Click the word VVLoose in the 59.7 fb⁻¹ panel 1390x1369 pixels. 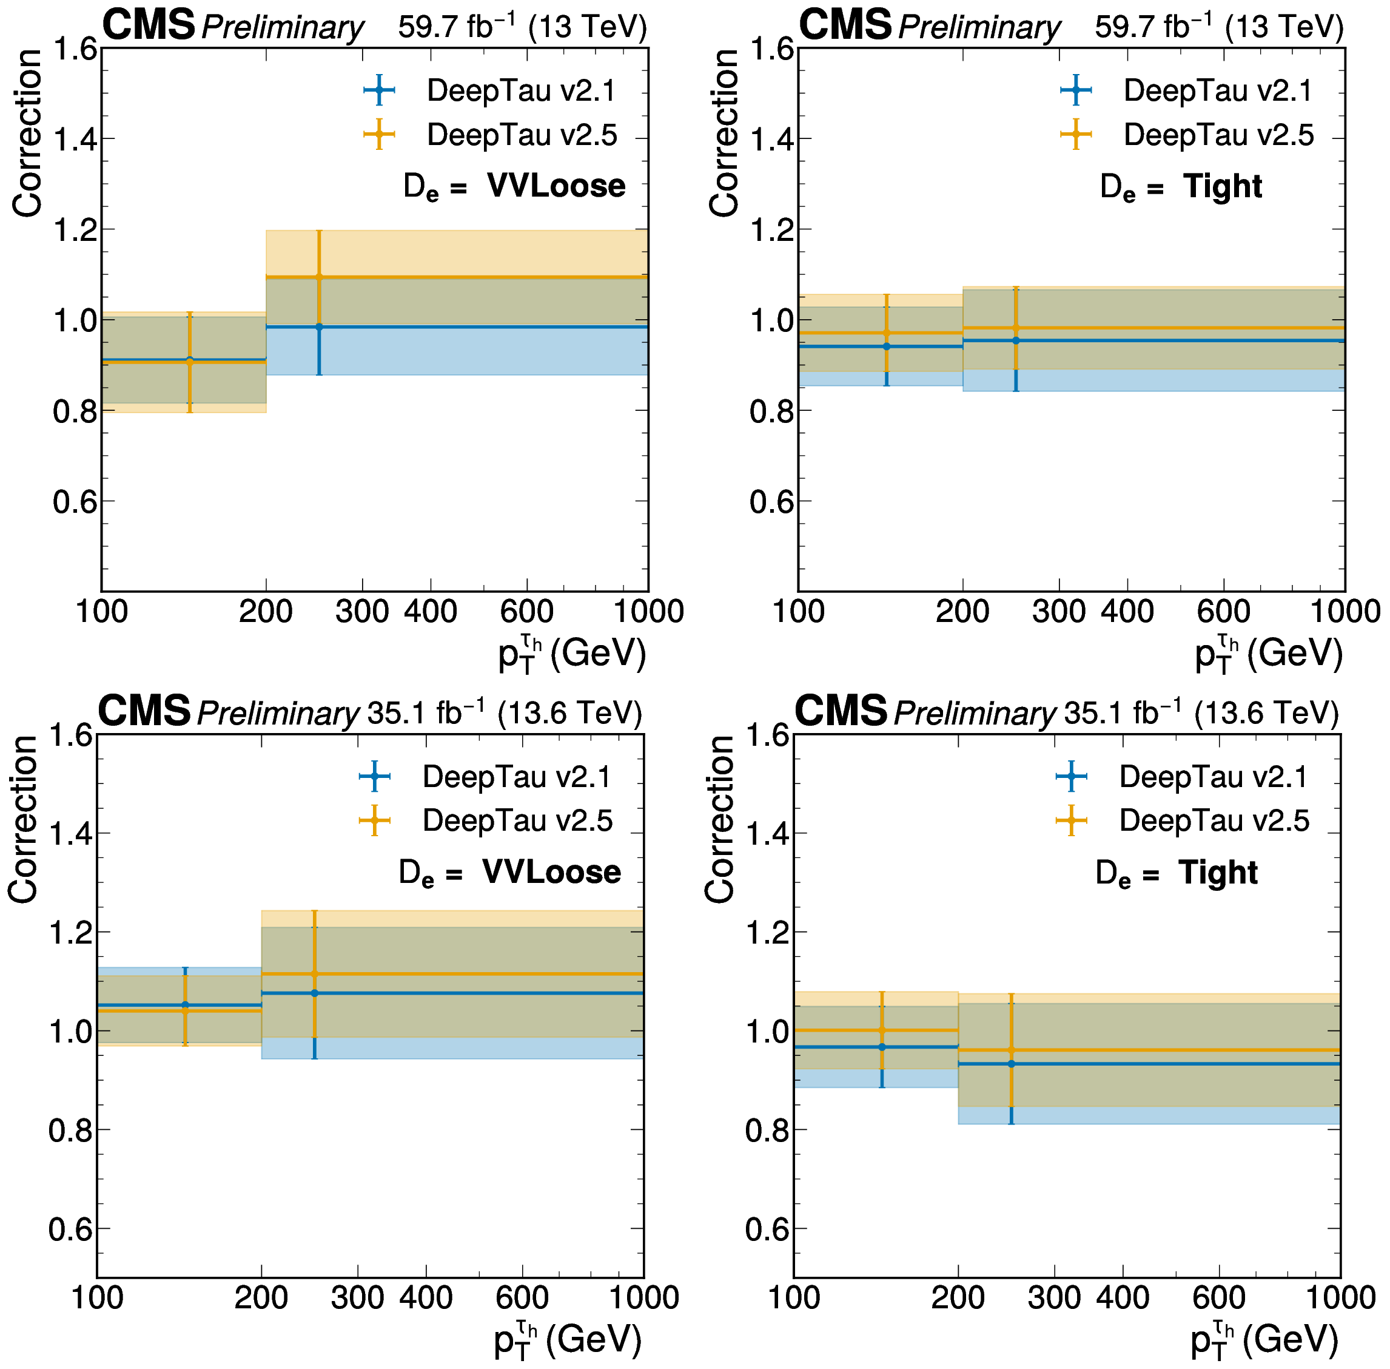pyautogui.click(x=556, y=186)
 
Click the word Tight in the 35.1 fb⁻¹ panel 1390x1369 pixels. pyautogui.click(x=1218, y=872)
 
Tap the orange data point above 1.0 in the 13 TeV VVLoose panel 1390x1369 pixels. pyautogui.click(x=319, y=277)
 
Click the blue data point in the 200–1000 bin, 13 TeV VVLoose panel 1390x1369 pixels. pyautogui.click(x=319, y=327)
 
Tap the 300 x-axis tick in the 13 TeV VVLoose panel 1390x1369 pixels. pyautogui.click(x=361, y=611)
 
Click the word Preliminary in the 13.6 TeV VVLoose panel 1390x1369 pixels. pyautogui.click(x=277, y=713)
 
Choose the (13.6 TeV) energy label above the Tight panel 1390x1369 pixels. pyautogui.click(x=1266, y=712)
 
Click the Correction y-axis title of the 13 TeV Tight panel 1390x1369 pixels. pyautogui.click(x=723, y=133)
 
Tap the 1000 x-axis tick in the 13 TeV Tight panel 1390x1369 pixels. pyautogui.click(x=1345, y=611)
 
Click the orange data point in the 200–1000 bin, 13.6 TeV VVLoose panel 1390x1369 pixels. pyautogui.click(x=314, y=975)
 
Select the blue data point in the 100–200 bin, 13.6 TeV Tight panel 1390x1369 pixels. pyautogui.click(x=882, y=1047)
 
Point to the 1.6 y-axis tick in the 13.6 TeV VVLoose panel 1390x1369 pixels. pyautogui.click(x=70, y=735)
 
